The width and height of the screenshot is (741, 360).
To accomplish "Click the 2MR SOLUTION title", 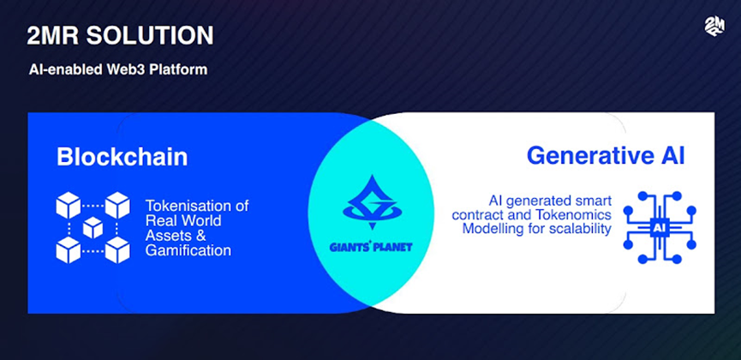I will (120, 36).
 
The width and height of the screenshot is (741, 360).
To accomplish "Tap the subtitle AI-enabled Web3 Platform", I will (117, 69).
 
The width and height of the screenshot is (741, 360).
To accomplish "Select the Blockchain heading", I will (122, 158).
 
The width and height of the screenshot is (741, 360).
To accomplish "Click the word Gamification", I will (188, 251).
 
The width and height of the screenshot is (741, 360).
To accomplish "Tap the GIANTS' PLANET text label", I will (370, 247).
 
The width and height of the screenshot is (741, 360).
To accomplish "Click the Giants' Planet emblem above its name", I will (370, 203).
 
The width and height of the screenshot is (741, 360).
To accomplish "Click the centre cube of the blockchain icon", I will (93, 228).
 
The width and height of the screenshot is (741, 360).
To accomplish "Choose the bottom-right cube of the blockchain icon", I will (117, 250).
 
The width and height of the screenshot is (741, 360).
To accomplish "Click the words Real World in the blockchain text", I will (182, 221).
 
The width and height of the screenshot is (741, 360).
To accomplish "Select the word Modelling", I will (498, 229).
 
